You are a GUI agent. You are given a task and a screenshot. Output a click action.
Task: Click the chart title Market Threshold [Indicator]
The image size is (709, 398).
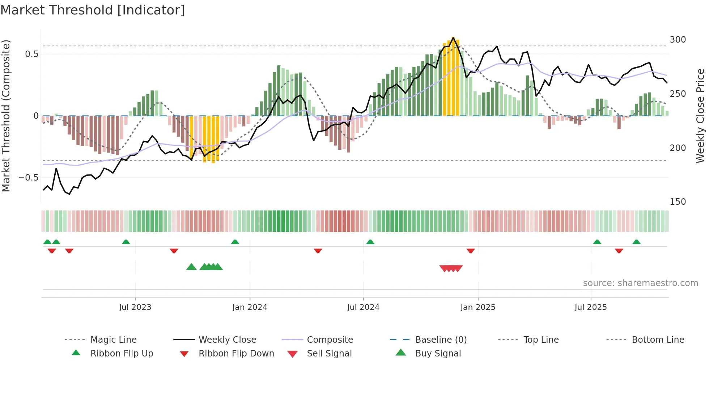click(93, 10)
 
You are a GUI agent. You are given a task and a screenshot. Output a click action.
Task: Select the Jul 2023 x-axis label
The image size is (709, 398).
click(135, 307)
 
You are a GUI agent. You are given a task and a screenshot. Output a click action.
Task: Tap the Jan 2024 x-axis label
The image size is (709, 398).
click(250, 307)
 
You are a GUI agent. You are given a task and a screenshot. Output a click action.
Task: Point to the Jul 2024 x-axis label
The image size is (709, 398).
click(363, 307)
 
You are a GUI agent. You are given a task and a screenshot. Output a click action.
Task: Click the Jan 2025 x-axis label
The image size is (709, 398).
click(478, 307)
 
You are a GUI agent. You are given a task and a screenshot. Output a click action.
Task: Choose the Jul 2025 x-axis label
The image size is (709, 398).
click(591, 307)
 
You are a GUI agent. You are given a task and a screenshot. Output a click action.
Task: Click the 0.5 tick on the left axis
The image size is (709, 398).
click(31, 54)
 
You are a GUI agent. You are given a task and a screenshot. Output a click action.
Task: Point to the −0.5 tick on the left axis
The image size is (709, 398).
click(29, 178)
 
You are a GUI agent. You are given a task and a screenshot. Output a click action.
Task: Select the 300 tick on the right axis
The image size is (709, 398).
click(678, 40)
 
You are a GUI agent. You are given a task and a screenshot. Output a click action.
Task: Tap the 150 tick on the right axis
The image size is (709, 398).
click(678, 202)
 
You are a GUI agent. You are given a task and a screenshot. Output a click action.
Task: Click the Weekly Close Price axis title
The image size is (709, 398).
click(700, 116)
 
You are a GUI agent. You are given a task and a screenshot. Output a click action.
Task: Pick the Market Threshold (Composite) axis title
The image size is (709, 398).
click(6, 116)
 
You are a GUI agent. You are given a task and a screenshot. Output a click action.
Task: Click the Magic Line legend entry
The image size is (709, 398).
click(113, 340)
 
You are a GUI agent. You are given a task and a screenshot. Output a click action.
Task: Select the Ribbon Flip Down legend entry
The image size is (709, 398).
click(236, 354)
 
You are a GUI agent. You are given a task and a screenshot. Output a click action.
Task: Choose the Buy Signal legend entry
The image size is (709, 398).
click(438, 354)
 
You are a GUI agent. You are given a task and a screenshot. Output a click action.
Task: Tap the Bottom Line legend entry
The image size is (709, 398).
click(658, 340)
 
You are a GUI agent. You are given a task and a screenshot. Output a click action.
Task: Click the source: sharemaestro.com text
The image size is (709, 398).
click(640, 283)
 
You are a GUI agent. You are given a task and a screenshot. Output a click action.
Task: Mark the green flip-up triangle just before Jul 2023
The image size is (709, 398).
click(126, 242)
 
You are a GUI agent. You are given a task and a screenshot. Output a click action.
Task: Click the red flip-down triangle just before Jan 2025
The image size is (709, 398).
click(471, 251)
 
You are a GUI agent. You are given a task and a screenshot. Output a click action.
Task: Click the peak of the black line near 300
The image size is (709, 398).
click(453, 38)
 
